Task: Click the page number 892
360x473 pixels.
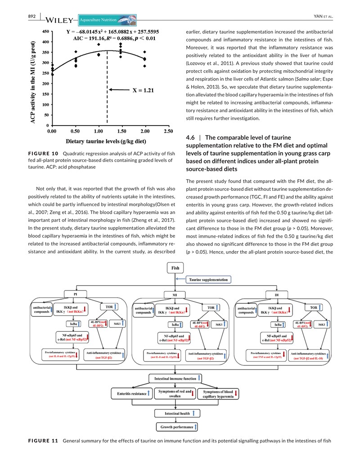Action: [31, 17]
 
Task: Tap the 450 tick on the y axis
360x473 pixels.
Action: [45, 32]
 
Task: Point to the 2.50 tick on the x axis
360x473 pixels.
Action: [168, 131]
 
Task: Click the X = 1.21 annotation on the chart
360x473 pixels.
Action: [143, 90]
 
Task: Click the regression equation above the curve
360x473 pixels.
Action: [117, 32]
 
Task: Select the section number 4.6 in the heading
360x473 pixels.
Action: [191, 137]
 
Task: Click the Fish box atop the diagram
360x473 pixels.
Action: [175, 268]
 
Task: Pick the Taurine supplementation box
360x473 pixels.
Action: [208, 279]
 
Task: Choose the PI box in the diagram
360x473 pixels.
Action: [75, 295]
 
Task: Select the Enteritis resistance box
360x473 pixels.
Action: [131, 393]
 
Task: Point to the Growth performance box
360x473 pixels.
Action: [176, 426]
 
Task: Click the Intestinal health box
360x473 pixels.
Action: [175, 412]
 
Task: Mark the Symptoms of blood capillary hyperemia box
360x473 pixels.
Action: [218, 394]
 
